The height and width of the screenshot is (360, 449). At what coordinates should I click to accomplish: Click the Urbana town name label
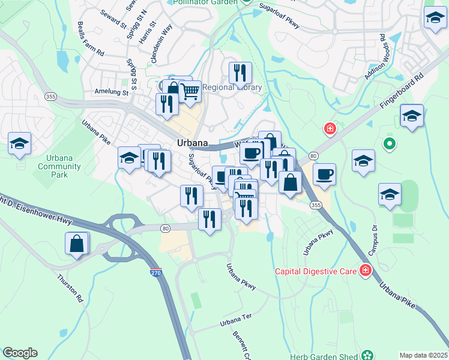click(193, 143)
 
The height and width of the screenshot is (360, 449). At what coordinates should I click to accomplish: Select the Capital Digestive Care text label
click(316, 271)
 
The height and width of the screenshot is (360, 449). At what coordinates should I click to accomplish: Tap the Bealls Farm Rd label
click(91, 40)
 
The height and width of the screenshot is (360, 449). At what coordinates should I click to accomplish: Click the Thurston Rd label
click(70, 287)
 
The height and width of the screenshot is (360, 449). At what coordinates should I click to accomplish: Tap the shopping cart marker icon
click(190, 92)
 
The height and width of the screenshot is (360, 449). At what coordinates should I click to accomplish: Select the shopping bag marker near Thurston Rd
click(77, 244)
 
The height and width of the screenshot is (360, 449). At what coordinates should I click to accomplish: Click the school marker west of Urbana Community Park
click(19, 144)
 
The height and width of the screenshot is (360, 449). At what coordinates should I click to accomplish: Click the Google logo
click(20, 353)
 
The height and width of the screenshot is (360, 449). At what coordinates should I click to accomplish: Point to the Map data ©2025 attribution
click(423, 355)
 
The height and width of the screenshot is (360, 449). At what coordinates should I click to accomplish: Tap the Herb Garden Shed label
click(324, 356)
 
